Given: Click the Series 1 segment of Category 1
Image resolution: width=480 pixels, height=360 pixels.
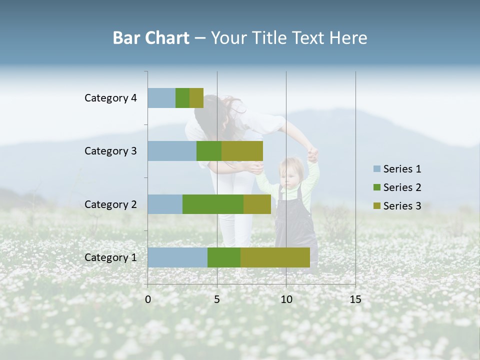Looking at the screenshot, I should pos(177,257).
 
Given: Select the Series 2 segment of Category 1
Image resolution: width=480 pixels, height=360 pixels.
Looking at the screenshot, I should pos(224,257).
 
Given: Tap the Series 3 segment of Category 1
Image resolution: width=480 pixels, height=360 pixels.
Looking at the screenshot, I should pos(275,257).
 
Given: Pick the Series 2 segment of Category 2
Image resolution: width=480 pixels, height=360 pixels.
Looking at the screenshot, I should pos(213,204).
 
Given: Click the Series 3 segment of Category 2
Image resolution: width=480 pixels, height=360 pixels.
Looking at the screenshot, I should pos(257,204).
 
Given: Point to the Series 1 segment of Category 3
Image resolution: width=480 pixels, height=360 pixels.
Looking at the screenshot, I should pos(172,150).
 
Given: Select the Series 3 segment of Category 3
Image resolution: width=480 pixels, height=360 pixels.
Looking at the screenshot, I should pos(242,150).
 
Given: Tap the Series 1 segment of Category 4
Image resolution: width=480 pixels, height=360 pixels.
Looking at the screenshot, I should pos(161,97).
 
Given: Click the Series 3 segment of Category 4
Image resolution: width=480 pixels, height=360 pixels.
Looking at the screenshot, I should pos(196,97).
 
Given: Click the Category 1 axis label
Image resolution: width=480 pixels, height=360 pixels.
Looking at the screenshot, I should pos(110,257).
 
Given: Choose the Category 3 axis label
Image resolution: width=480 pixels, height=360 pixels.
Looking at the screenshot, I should pos(110,151).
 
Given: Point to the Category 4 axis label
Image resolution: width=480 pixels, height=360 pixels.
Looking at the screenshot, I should pos(110,98).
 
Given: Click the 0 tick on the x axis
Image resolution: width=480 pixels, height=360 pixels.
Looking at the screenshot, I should pos(148,299).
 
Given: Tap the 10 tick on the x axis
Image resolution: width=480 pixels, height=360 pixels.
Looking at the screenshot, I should pos(286,299).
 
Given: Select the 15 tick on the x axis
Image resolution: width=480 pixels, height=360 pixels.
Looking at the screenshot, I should pos(355,299).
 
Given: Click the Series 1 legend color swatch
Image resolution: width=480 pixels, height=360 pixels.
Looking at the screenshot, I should pos(377,169).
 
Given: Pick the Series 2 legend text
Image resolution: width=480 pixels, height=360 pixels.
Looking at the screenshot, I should pos(402,187).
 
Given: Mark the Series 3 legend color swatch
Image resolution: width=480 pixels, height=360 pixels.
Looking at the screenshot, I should pos(377,206).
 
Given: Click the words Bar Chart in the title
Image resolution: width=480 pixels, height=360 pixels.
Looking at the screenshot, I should pos(150,38).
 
